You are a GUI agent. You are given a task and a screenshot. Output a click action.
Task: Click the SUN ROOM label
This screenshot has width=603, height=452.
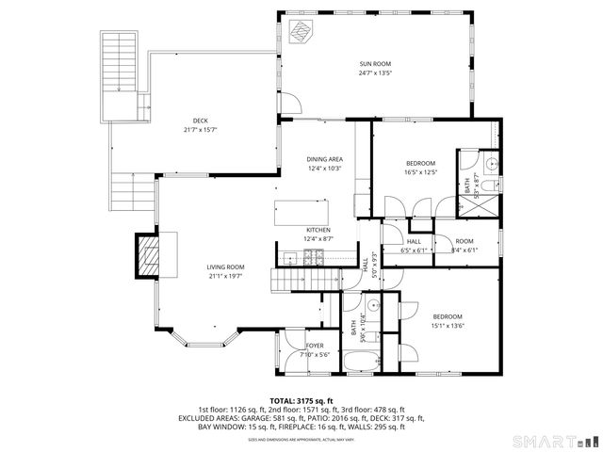[374, 63]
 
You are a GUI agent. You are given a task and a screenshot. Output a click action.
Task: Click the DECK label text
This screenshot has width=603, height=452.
[200, 121]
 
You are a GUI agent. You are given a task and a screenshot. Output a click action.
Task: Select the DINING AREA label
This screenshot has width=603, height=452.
[324, 159]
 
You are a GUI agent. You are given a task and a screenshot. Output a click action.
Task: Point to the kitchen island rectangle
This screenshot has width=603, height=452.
[301, 211]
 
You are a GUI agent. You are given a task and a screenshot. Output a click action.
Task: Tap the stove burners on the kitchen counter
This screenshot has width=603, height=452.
[314, 257]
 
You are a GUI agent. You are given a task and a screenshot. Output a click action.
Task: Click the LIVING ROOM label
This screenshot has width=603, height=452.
[226, 267]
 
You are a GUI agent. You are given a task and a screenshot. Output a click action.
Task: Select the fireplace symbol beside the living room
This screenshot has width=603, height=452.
[150, 254]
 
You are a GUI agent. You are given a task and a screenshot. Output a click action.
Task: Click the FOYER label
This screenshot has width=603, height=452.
[315, 346]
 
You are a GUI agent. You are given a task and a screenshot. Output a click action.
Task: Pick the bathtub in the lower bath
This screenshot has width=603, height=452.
[359, 363]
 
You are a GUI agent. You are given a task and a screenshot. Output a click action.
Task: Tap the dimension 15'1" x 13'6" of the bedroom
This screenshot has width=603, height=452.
[448, 326]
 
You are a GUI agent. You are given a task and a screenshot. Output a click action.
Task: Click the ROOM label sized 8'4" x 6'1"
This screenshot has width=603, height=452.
[464, 241]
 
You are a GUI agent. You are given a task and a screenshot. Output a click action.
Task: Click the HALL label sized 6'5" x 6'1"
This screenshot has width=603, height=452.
[414, 241]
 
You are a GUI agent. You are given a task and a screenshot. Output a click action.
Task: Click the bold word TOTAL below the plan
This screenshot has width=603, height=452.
[284, 400]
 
